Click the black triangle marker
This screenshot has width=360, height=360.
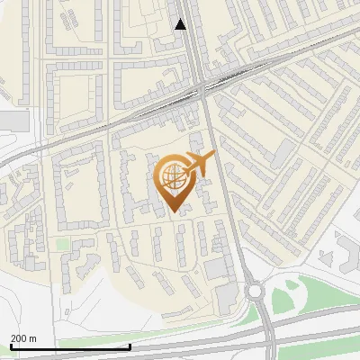(x=181, y=24)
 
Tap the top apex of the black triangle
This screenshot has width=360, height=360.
(x=181, y=19)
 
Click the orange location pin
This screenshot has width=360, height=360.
(x=175, y=183)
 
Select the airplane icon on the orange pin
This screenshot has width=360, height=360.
(x=200, y=164)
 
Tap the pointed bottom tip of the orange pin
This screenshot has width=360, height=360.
(x=175, y=212)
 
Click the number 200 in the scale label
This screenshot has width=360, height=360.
(x=20, y=338)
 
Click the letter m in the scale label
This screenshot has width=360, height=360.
(x=33, y=338)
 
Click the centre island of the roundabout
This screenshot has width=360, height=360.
(x=254, y=291)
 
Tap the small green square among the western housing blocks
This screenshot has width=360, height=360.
(x=62, y=244)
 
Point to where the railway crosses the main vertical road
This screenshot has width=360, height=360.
(x=200, y=86)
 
